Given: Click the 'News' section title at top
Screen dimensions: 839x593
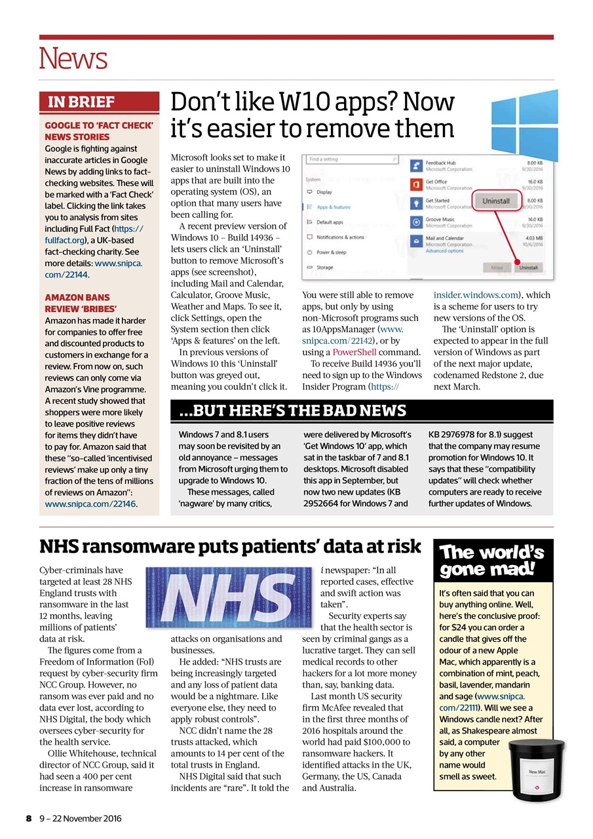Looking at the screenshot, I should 73,59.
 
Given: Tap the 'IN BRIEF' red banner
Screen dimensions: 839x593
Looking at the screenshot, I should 81,102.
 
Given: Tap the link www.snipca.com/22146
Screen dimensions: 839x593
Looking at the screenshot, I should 91,504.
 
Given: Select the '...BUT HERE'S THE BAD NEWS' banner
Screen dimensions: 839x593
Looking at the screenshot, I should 293,411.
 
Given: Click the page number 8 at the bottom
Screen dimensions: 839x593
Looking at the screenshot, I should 28,819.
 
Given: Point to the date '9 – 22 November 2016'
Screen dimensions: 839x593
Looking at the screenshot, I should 79,819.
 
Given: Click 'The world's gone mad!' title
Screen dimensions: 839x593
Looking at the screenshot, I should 493,561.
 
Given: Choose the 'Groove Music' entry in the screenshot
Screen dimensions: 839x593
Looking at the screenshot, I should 440,220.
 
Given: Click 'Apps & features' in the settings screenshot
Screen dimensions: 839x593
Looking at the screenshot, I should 333,207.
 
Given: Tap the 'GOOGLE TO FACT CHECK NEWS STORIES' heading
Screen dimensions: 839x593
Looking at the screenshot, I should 98,130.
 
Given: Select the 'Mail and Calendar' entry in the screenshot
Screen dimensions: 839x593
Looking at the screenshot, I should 444,239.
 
